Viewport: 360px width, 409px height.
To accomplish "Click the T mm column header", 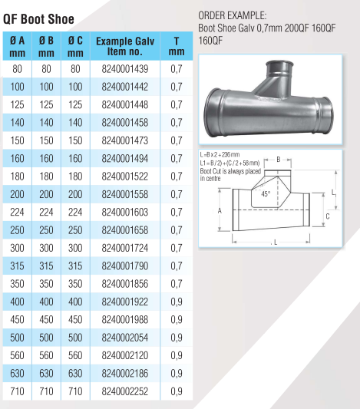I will pyautogui.click(x=177, y=46).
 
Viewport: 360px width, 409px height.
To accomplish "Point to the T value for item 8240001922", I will pyautogui.click(x=177, y=302).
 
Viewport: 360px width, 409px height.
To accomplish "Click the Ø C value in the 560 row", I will pyautogui.click(x=74, y=355).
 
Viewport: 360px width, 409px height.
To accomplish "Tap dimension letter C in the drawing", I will pyautogui.click(x=327, y=217).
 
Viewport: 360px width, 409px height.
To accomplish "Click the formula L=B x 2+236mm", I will pyautogui.click(x=228, y=155).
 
